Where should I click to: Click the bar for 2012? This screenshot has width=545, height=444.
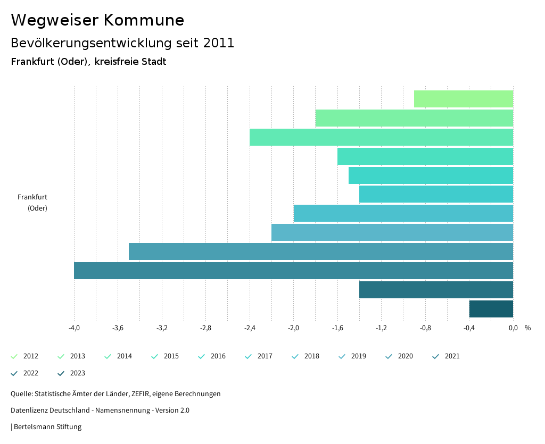pos(463,99)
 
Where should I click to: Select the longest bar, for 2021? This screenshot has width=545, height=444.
pos(293,271)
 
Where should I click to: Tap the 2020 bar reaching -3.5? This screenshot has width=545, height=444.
pos(320,252)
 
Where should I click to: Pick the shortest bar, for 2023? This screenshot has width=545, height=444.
pos(491,309)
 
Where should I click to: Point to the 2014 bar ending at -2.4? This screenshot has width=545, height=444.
pos(381,137)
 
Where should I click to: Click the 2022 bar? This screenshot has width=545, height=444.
pos(436,290)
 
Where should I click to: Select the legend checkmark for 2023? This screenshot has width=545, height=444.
pos(61,373)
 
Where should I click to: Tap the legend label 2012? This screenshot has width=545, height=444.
pos(31,356)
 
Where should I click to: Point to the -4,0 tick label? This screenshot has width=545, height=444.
pos(74,328)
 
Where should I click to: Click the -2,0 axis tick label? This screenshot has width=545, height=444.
pos(293,328)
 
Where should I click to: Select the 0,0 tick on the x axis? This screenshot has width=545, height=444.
pos(513,328)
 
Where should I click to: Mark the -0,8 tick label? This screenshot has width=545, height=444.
pos(425,328)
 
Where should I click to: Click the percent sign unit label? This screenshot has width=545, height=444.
pos(527,328)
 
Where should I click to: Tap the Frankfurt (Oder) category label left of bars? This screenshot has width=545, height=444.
pos(33,203)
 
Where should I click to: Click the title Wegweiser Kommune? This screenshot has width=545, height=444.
pos(97,20)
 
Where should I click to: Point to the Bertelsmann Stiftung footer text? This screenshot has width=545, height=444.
pos(47,426)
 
